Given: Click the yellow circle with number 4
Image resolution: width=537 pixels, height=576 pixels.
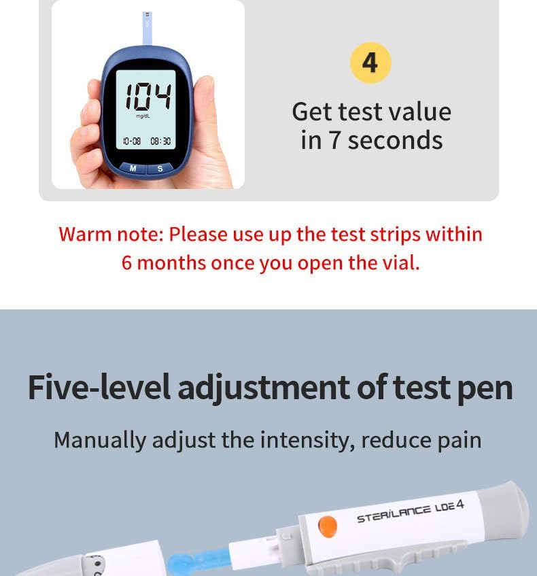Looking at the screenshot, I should point(370,63).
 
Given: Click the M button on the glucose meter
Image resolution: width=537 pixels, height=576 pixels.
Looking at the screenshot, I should point(133,168).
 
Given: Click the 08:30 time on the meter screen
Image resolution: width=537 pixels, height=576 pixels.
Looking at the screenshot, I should point(160,141).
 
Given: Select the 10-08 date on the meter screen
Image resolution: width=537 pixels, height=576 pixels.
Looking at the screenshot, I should point(132,141).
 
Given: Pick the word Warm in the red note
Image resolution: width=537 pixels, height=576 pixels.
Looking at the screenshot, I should point(84,234).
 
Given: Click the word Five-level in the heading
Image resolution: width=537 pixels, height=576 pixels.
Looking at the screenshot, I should point(99,388).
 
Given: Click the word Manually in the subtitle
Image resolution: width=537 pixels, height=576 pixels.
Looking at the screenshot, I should point(100,440).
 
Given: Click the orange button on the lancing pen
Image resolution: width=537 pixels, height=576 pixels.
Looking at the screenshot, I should point(328,526).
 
